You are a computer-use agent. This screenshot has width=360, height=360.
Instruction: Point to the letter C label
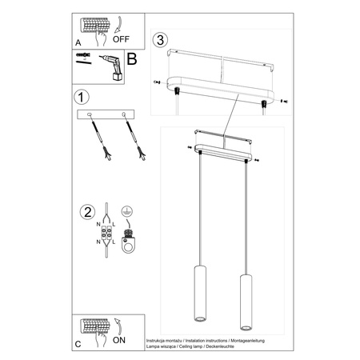[77, 343]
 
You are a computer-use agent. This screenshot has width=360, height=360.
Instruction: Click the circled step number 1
[79, 98]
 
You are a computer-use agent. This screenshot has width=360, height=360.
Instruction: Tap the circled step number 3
[161, 39]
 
